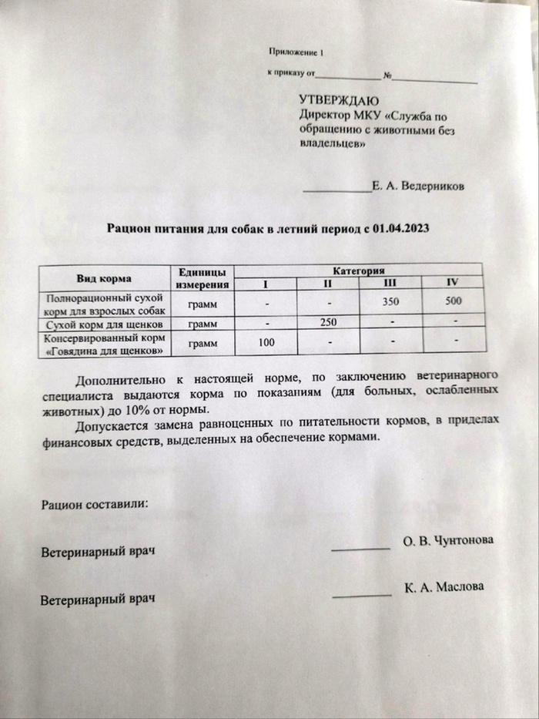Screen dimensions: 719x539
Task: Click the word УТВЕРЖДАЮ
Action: click(340, 100)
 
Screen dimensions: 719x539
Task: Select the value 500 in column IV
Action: click(454, 301)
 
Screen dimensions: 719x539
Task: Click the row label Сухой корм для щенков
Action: click(104, 324)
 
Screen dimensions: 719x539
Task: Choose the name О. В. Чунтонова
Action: click(448, 541)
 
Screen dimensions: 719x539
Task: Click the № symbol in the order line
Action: click(388, 77)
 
